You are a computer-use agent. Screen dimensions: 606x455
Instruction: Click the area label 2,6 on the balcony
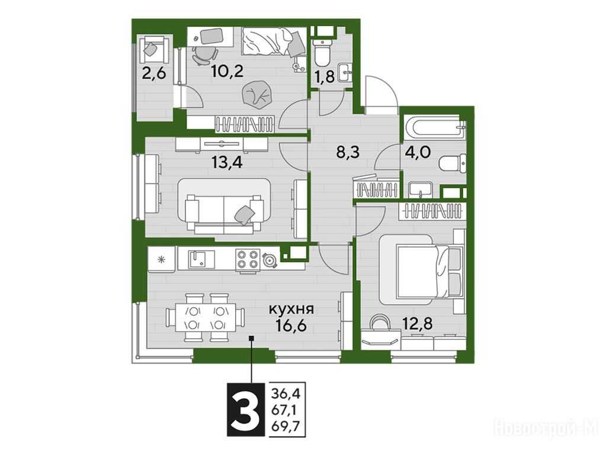coord(154,73)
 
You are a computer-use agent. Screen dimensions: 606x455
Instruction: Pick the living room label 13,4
coord(227,162)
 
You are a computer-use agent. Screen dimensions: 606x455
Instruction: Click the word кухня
coord(291,309)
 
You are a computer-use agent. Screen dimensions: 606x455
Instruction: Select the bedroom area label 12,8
coord(417,322)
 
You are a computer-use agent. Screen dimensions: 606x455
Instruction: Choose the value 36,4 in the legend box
coord(286,395)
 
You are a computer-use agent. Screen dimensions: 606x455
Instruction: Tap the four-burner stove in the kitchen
coord(248,259)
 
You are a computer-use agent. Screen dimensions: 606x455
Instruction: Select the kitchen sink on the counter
coord(202,259)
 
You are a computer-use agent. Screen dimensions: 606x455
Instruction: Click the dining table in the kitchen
coord(205,318)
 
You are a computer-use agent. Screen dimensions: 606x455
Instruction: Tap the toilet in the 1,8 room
coord(322,53)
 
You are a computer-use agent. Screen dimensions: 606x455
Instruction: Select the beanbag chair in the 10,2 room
coord(255,94)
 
